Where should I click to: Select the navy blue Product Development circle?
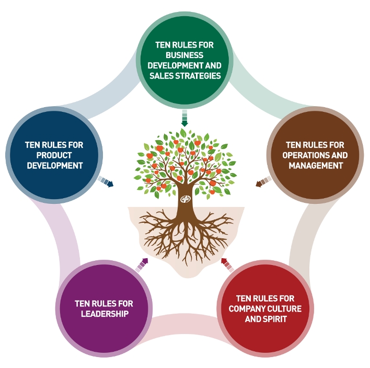tap(54, 154)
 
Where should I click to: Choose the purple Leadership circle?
tap(103, 308)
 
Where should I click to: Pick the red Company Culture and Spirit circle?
tap(265, 308)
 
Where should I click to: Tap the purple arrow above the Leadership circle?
tap(142, 264)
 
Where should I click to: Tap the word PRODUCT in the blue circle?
tap(54, 155)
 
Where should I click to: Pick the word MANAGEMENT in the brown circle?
tap(316, 165)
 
